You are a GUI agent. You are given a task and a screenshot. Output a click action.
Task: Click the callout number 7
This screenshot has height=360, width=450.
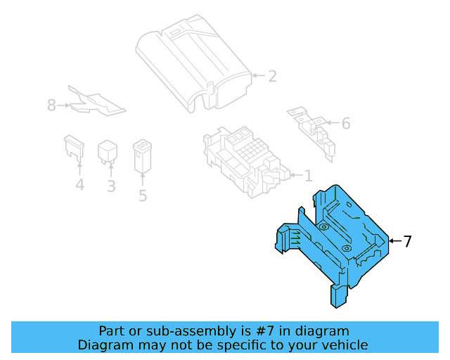click(x=407, y=242)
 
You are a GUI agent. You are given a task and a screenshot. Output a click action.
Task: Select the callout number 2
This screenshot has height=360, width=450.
click(x=272, y=76)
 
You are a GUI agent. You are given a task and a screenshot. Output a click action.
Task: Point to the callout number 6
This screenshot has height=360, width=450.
click(x=345, y=124)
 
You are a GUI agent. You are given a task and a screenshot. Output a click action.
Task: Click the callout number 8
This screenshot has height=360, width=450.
click(x=51, y=105)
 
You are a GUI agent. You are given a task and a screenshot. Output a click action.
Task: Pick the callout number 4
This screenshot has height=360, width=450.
click(x=79, y=185)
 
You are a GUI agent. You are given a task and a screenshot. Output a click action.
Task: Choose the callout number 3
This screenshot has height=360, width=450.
click(x=111, y=186)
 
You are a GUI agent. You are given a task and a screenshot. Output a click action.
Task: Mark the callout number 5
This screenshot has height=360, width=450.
click(x=143, y=195)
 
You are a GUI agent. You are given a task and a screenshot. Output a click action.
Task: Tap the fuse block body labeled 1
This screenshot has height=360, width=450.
click(x=243, y=158)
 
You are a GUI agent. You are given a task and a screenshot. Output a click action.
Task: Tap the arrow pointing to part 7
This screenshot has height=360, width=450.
click(x=394, y=242)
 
